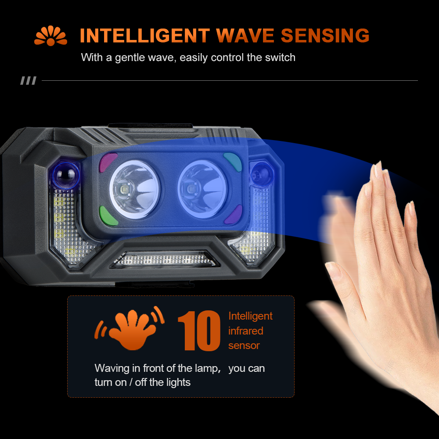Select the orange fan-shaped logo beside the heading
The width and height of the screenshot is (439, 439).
(50, 36)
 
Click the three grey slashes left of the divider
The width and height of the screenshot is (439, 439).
(28, 81)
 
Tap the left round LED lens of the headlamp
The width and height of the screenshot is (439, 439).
(135, 189)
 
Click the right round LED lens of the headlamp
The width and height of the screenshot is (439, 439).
(202, 189)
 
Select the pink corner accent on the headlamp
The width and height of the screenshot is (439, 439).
(108, 162)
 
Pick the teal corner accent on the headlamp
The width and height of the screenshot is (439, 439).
(234, 162)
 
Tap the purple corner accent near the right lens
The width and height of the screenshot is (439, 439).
(234, 215)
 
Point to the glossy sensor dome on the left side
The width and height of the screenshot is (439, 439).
(66, 175)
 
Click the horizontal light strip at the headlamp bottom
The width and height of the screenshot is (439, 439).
(163, 259)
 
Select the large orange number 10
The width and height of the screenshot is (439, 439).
(199, 331)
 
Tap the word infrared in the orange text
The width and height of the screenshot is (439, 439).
(245, 331)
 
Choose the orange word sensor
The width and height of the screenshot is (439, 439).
(244, 345)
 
